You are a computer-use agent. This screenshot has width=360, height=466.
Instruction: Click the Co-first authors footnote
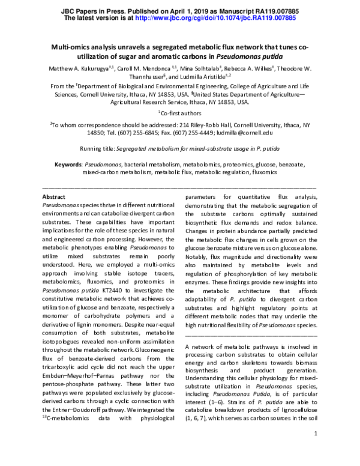182,112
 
